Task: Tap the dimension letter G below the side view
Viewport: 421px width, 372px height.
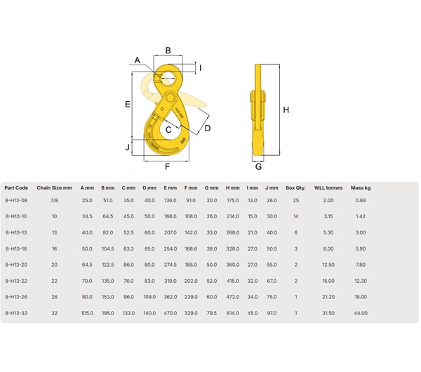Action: [x=258, y=167]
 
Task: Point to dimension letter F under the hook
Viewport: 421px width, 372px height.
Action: [x=167, y=166]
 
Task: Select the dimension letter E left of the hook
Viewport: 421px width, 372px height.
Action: [x=128, y=104]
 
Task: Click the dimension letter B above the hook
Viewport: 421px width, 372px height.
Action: [x=168, y=50]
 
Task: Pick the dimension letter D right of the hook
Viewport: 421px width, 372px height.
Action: [x=208, y=128]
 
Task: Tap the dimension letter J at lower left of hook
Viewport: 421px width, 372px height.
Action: [x=127, y=147]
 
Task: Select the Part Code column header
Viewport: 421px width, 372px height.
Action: [x=16, y=188]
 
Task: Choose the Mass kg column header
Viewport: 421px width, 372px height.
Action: [x=361, y=188]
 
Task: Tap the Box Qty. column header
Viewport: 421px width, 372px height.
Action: [x=295, y=188]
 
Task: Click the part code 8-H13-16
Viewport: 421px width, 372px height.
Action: [x=16, y=248]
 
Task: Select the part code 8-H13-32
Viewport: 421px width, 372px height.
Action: [x=16, y=312]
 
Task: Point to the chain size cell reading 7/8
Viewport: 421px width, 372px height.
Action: [x=54, y=201]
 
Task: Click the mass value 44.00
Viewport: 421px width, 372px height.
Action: [x=361, y=312]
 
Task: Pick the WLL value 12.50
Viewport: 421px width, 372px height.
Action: [x=326, y=264]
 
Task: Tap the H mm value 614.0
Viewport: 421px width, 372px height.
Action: [x=233, y=312]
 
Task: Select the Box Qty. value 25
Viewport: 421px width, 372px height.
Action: [x=295, y=201]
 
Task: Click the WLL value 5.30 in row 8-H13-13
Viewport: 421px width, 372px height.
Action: [x=326, y=232]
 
